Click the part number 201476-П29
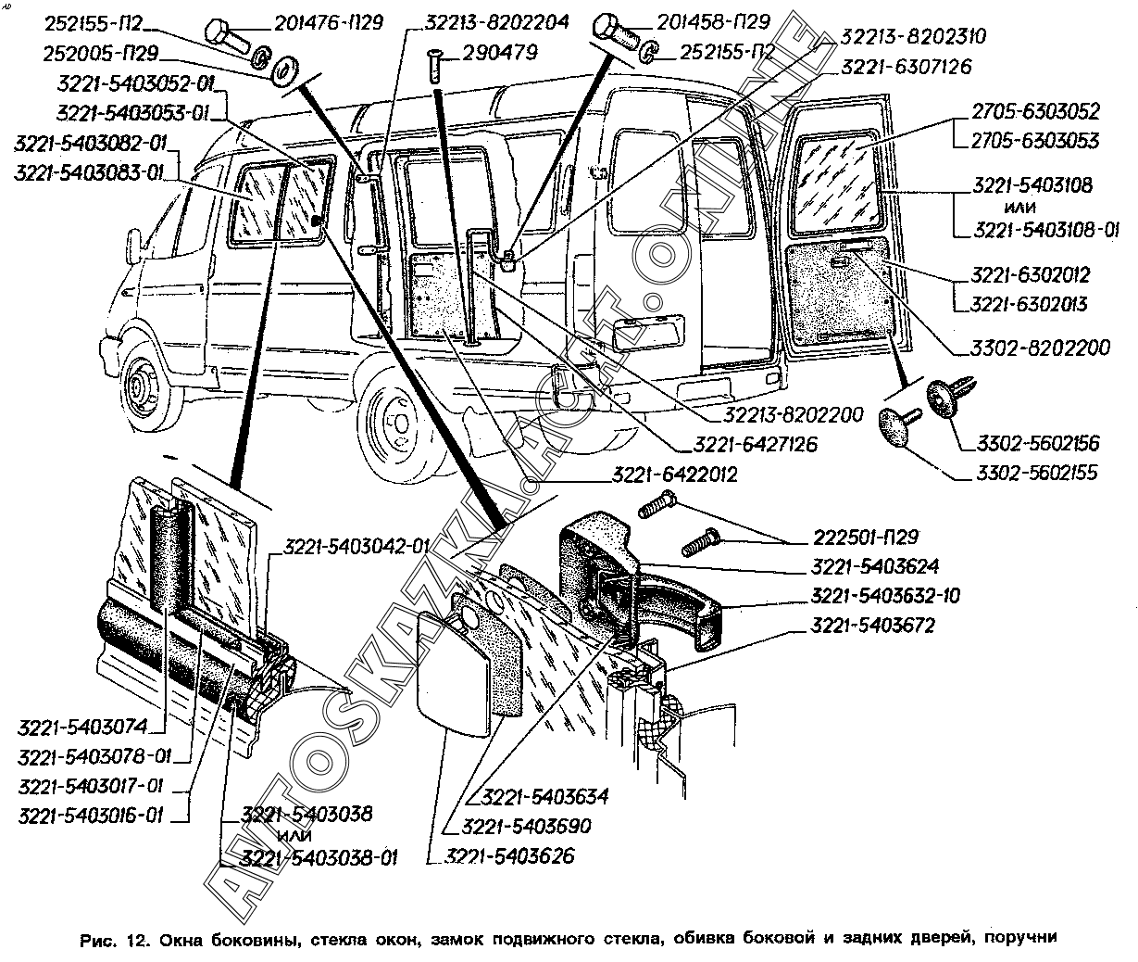[x=321, y=21]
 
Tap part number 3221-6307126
[x=907, y=67]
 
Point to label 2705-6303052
[x=1035, y=112]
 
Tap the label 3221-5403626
[x=510, y=855]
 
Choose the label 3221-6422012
[x=674, y=475]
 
